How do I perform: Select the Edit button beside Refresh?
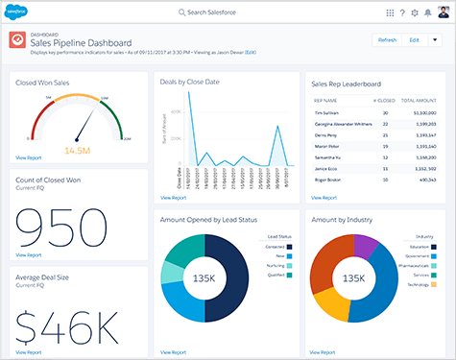pos(414,39)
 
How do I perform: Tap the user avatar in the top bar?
pos(444,12)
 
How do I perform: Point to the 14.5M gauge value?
pos(78,150)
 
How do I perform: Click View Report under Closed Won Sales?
pos(29,156)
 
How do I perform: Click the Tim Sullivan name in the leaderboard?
pos(326,112)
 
